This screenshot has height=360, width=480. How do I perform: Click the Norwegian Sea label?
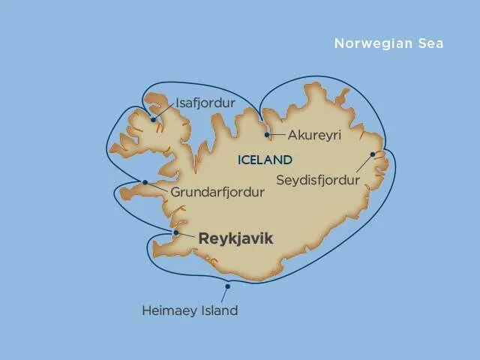[388, 43]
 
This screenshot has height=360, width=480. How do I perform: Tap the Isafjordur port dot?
[153, 118]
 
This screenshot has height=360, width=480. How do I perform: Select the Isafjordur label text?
[205, 103]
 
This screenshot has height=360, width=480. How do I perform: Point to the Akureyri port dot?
[268, 135]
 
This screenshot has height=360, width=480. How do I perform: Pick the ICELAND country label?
[264, 160]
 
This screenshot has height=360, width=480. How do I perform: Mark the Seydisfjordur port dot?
[373, 155]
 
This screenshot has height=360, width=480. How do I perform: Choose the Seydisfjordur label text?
[319, 180]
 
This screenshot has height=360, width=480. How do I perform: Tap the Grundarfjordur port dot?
[144, 182]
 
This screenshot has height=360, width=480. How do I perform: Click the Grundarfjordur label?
[217, 193]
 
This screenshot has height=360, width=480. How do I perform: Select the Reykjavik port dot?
[175, 232]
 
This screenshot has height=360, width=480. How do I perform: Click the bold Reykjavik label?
[235, 238]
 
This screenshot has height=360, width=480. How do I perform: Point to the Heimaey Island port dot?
[227, 286]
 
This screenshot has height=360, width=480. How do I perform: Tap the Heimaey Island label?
[190, 310]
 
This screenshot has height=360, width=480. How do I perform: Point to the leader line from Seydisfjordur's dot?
[364, 165]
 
